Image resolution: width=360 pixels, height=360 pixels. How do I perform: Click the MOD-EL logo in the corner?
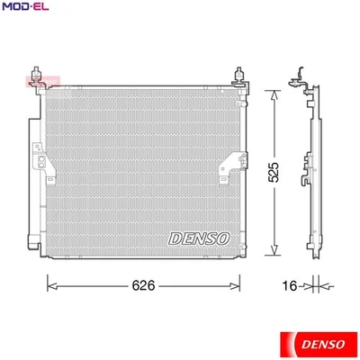click(x=24, y=9)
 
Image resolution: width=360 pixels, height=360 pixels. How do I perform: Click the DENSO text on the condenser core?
click(x=199, y=238)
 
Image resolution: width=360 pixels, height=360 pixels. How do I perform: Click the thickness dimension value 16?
click(x=288, y=286)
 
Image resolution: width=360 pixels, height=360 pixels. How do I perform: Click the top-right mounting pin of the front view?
click(x=240, y=76)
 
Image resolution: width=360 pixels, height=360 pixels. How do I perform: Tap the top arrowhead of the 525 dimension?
click(x=270, y=90)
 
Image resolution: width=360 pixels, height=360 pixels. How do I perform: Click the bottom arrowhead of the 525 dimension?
click(x=270, y=251)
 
